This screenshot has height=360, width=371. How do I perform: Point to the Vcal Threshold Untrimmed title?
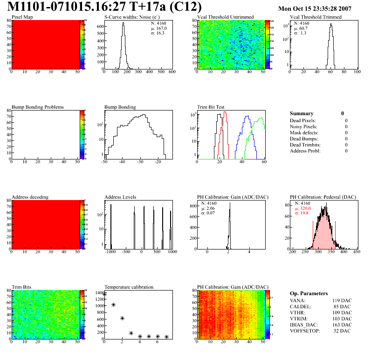click(x=225, y=17)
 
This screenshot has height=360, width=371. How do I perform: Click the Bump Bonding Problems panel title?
click(x=37, y=107)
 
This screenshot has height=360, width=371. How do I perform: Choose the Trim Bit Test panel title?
click(x=211, y=107)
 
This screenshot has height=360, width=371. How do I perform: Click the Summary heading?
click(x=302, y=113)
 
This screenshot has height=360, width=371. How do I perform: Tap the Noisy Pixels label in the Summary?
click(x=303, y=126)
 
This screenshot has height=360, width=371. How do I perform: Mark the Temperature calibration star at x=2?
click(x=122, y=318)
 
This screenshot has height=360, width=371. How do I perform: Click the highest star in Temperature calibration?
click(x=104, y=294)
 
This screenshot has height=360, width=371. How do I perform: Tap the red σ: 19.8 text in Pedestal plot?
click(x=303, y=213)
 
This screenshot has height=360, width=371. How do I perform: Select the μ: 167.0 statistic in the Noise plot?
click(x=159, y=28)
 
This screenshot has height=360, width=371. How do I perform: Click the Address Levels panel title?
click(x=120, y=197)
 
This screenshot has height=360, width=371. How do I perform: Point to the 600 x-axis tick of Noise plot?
click(x=172, y=72)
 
